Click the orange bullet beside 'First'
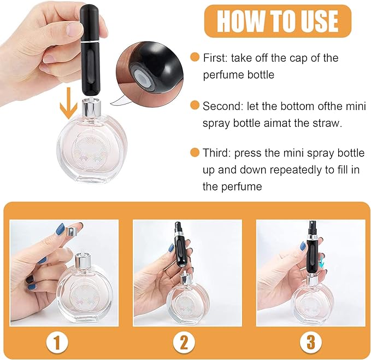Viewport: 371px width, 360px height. click(195, 57)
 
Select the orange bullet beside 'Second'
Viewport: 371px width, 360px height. click(195, 105)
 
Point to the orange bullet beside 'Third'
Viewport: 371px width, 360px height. click(195, 152)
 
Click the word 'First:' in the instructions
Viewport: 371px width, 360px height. click(215, 58)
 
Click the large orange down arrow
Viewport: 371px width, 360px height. click(68, 103)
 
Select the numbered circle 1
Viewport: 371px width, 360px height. click(57, 342)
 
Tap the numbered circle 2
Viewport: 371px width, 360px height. click(184, 342)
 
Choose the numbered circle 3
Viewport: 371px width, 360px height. click(311, 342)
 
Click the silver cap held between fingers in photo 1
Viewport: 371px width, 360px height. click(70, 229)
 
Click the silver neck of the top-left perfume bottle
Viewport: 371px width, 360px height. click(92, 108)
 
